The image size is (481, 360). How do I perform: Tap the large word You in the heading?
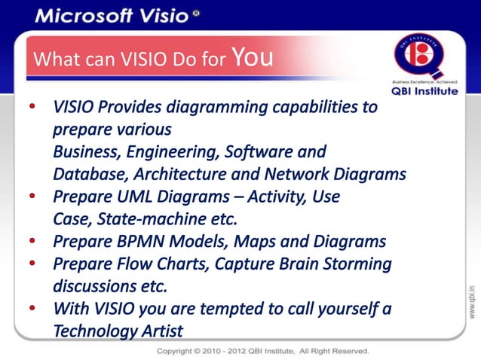253,57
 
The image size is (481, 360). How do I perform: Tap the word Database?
85,175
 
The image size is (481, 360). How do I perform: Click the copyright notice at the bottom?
262,351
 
